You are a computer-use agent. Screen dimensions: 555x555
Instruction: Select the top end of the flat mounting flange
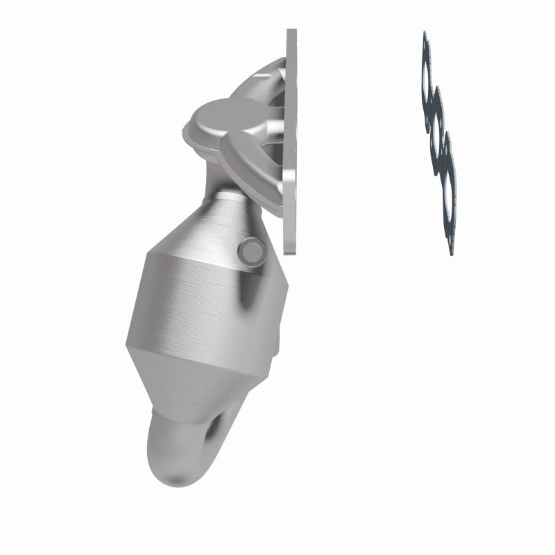(x=291, y=35)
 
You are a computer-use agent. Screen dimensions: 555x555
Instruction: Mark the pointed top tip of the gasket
(x=425, y=33)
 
